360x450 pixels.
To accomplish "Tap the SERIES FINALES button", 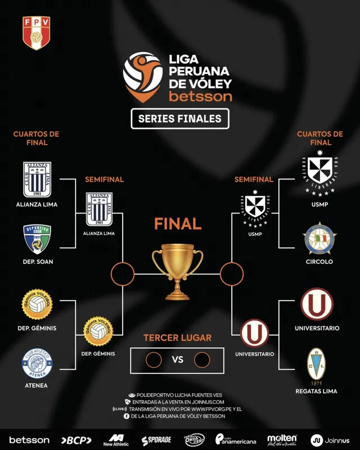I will pos(180,119).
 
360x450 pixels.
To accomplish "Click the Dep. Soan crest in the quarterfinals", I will pos(37,239).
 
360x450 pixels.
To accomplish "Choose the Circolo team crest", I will pos(320,239).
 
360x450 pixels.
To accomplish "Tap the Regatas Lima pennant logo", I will pos(316,366).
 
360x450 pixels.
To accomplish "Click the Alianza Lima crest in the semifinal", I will pos(99,209).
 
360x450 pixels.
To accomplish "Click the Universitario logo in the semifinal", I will pos(255,334).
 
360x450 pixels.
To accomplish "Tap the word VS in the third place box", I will pos(178,359).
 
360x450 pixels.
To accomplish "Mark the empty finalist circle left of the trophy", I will pos(121,274).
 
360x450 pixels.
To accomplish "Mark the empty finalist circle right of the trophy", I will pos(231,274).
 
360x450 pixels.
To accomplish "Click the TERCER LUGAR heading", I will pos(178,338).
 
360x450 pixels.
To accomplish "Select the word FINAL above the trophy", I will pos(178,224).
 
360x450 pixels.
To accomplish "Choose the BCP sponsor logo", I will pos(76,440).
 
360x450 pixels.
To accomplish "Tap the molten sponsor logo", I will pos(282,439).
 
